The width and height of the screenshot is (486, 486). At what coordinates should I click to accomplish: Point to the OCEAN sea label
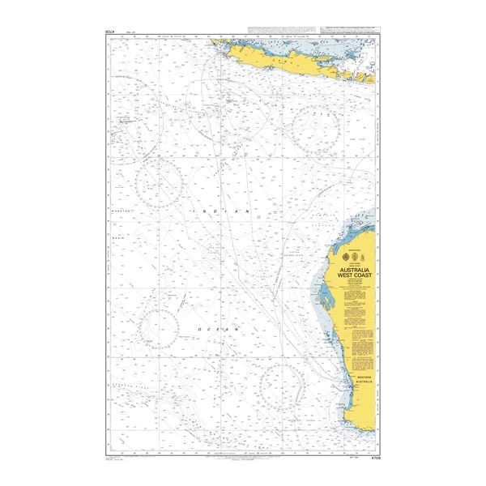(220, 330)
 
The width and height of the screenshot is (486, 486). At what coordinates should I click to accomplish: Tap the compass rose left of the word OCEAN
(160, 321)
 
